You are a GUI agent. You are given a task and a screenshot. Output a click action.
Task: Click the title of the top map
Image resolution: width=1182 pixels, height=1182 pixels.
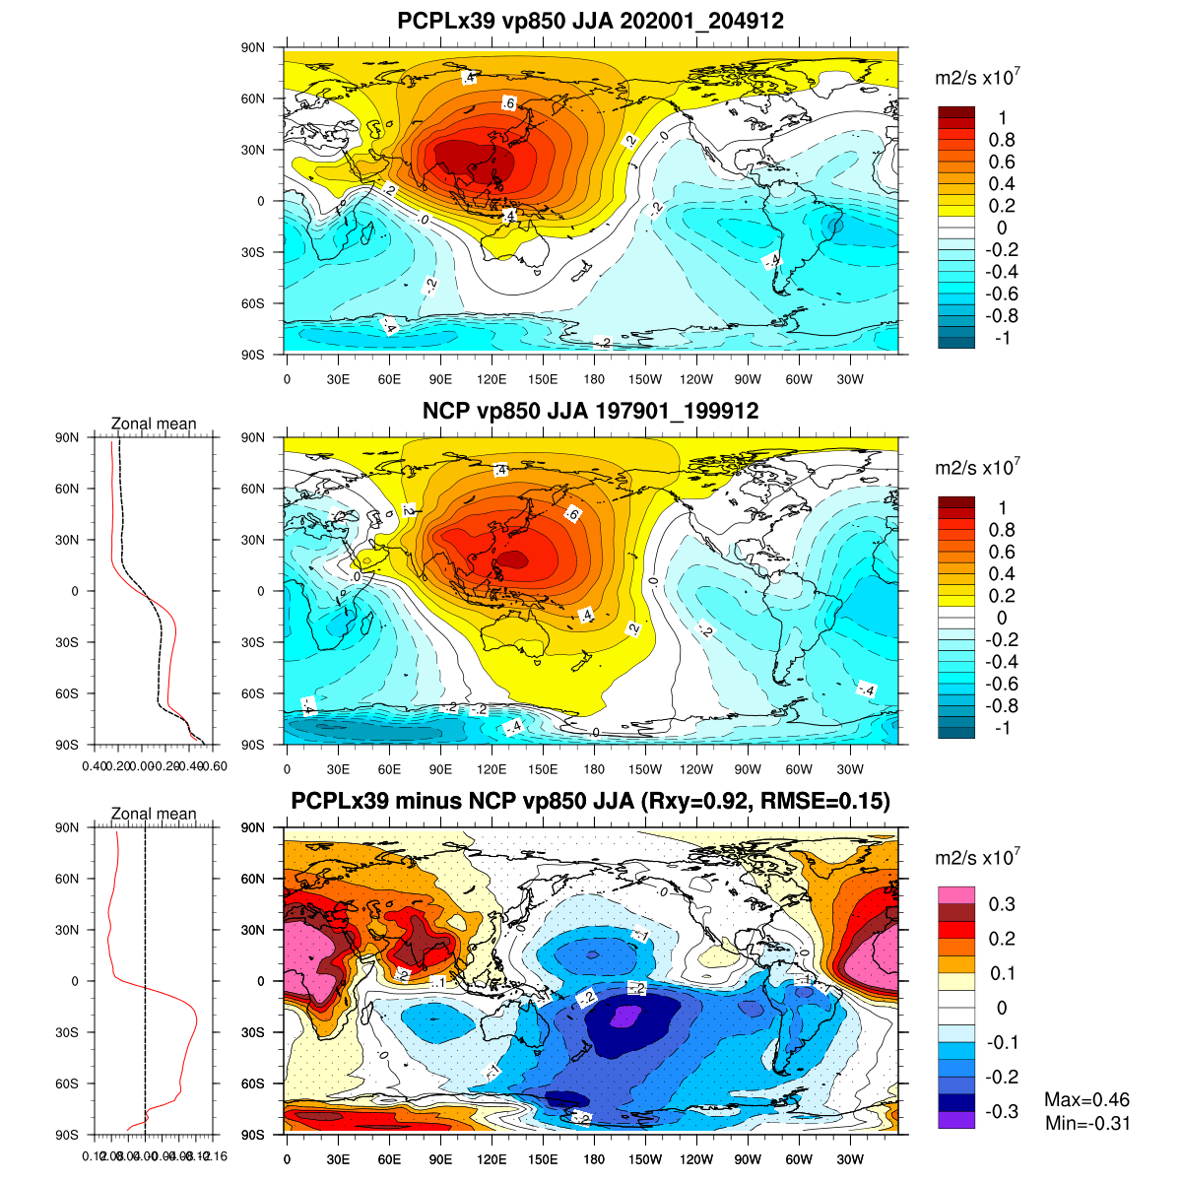click(590, 21)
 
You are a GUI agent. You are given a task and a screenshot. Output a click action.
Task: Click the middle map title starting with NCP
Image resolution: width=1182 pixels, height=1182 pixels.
click(590, 411)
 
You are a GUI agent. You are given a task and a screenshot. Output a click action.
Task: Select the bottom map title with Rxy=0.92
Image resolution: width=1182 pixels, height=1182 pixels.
click(590, 802)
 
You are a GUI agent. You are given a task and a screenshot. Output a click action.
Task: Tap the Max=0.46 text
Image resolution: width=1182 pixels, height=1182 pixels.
click(1087, 1100)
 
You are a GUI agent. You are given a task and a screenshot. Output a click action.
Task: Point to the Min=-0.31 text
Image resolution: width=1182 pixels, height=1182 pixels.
click(1087, 1124)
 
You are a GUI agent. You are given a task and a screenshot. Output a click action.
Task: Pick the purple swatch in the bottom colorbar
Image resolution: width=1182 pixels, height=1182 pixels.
click(956, 1119)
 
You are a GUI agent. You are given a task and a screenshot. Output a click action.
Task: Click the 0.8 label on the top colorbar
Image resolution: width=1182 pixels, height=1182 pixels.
click(1002, 140)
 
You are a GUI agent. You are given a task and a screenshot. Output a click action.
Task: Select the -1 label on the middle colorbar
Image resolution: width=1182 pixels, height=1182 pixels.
click(1002, 728)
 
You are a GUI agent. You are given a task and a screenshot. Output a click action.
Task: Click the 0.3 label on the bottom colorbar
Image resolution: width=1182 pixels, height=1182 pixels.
click(1002, 904)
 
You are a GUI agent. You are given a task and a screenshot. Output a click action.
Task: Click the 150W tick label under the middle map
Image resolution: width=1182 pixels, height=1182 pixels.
click(645, 769)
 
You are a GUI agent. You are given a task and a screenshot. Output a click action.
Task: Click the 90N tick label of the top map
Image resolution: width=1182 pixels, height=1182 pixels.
click(254, 47)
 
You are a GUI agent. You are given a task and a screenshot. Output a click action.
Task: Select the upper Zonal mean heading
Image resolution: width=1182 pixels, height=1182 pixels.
click(154, 424)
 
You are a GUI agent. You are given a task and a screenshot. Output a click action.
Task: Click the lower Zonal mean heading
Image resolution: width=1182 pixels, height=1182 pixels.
click(154, 814)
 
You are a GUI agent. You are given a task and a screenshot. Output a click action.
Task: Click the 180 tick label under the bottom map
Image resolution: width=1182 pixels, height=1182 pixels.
click(594, 1159)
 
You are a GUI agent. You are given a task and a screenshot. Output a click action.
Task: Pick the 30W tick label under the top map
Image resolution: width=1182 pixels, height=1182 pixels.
click(850, 379)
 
